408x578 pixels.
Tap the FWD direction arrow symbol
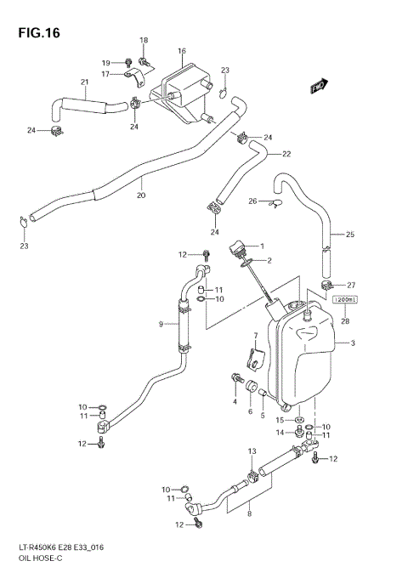(x=320, y=86)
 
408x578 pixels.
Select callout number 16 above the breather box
(x=181, y=51)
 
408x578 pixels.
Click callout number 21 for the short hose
(x=85, y=82)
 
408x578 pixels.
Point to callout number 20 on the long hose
(x=141, y=195)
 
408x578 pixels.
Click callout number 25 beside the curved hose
(x=349, y=234)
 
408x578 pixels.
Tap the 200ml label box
(x=343, y=299)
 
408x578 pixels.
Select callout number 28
(x=344, y=320)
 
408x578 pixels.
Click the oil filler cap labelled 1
(x=236, y=248)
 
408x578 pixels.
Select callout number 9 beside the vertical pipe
(x=161, y=323)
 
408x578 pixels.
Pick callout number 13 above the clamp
(x=252, y=450)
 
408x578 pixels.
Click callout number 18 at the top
(x=144, y=40)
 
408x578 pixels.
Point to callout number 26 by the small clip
(x=252, y=201)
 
